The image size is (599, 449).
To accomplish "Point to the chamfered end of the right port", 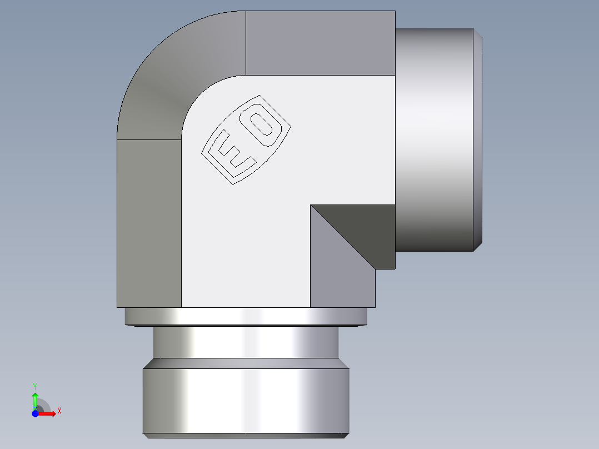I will [478, 139].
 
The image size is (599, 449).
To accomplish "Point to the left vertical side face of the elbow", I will [149, 222].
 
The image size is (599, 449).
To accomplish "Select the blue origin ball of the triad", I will [35, 413].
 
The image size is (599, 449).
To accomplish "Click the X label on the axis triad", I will [59, 411].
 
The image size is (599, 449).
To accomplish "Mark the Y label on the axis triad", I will [35, 386].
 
